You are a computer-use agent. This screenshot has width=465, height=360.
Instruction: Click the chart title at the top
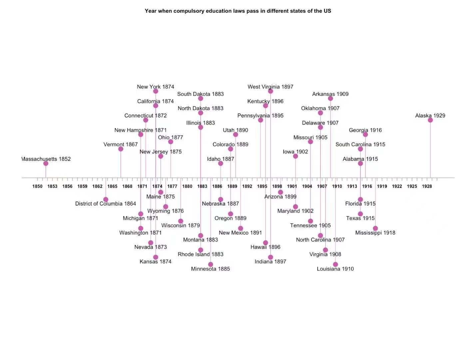click(x=238, y=11)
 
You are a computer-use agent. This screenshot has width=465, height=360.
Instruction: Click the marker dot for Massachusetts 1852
click(x=46, y=163)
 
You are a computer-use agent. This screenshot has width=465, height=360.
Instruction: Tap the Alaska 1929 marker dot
click(x=430, y=120)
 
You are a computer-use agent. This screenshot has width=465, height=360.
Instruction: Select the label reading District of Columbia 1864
click(x=106, y=204)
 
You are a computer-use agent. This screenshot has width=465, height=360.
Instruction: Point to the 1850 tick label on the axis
click(x=37, y=186)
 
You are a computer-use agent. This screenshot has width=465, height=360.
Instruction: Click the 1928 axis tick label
click(x=427, y=186)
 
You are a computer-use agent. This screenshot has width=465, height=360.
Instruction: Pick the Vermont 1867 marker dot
click(x=121, y=149)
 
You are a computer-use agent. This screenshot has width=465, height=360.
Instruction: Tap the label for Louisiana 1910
click(x=335, y=269)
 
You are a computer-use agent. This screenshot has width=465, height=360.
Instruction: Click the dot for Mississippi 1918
click(x=375, y=228)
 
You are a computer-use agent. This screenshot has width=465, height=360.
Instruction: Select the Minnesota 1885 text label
click(x=210, y=269)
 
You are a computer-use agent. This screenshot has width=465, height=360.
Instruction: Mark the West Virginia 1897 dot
click(x=270, y=91)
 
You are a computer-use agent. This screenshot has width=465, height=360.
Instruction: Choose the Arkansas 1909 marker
click(x=330, y=98)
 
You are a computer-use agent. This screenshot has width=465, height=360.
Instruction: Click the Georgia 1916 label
click(x=365, y=130)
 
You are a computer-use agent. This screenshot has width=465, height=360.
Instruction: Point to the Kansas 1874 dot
click(x=156, y=257)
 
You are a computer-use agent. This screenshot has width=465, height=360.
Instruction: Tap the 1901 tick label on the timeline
click(x=292, y=186)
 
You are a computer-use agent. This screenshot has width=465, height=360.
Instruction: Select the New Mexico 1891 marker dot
click(x=240, y=228)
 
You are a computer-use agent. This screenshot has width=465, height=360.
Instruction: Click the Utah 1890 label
click(x=235, y=130)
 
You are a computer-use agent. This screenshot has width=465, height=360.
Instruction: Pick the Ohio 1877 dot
click(x=171, y=142)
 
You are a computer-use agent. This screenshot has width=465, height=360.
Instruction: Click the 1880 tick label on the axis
click(x=187, y=186)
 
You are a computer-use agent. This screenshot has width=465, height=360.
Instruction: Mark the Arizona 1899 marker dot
click(x=280, y=192)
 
